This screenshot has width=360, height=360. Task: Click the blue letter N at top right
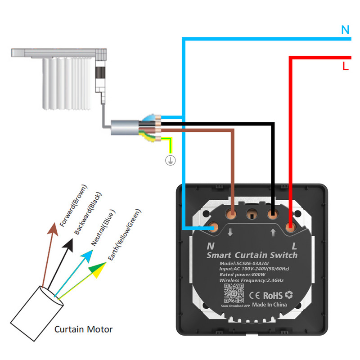(345, 30)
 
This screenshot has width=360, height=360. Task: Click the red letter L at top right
(345, 67)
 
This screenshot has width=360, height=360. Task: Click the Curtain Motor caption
(83, 329)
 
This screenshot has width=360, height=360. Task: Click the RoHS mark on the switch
(273, 296)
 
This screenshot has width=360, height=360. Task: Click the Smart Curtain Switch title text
(252, 255)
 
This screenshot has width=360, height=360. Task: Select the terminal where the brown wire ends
(232, 213)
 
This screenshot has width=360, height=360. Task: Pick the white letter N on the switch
(210, 246)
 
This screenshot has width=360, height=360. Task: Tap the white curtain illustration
(67, 83)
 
